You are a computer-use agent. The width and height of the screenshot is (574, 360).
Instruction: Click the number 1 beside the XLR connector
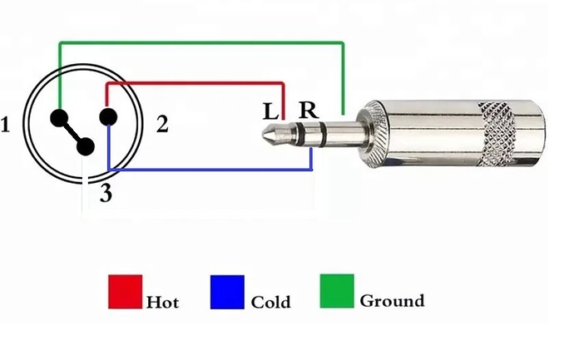point(5,125)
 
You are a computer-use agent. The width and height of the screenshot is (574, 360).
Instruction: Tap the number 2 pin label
point(162,124)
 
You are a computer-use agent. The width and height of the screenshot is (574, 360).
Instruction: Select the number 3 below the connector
point(106,193)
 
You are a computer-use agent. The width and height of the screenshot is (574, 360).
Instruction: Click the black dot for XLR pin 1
point(59,118)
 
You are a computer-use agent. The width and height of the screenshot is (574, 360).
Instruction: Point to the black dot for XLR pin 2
point(108,117)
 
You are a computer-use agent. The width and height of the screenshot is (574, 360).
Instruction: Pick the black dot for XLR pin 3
point(86,146)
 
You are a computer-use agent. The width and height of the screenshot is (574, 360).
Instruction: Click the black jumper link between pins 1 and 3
point(72,132)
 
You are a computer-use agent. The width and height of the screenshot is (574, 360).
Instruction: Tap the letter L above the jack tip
point(270,112)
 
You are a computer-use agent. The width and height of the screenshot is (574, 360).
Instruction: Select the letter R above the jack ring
point(309,110)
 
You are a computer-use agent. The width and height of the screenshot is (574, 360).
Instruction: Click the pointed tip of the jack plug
point(263,134)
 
